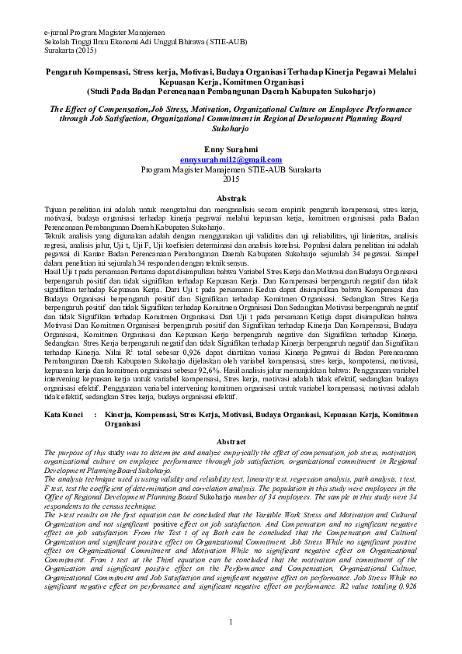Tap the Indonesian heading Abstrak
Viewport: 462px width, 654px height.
231,198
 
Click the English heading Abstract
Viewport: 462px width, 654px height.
231,440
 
